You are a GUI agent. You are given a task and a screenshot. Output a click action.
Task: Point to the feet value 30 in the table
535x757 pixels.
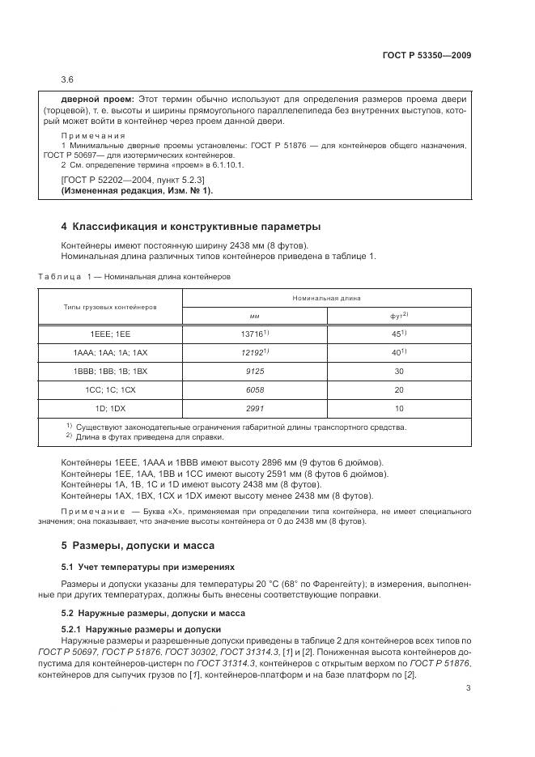pyautogui.click(x=399, y=371)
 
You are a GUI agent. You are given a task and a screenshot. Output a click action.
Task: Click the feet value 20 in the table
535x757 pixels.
pyautogui.click(x=399, y=389)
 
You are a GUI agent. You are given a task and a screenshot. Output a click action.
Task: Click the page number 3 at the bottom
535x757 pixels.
pyautogui.click(x=468, y=689)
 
